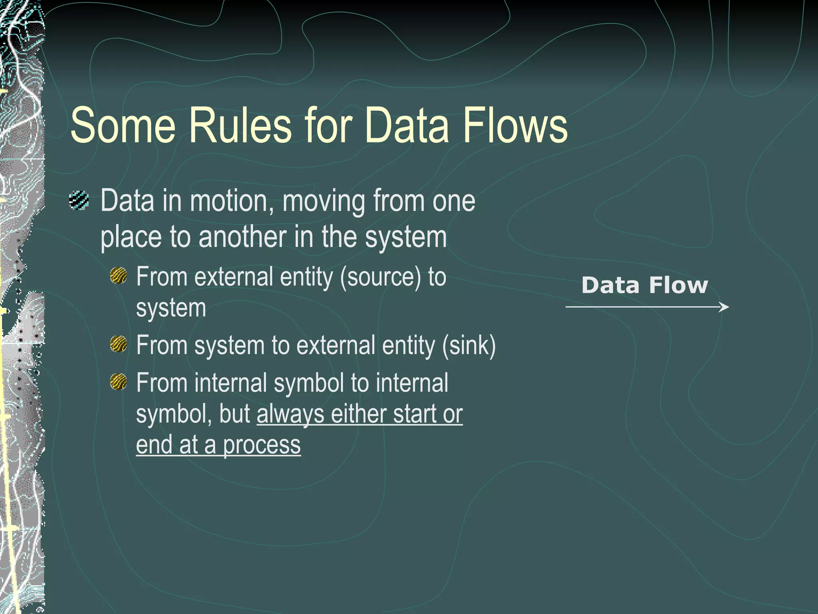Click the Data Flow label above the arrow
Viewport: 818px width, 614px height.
point(644,285)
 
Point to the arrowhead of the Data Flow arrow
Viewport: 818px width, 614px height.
point(725,307)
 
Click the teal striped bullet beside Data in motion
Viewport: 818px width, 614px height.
point(79,201)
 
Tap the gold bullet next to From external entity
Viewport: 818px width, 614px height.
point(119,276)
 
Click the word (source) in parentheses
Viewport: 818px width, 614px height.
point(381,277)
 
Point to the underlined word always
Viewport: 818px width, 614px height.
point(290,414)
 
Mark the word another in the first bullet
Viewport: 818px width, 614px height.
point(242,237)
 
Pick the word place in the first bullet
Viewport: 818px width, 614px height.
point(131,237)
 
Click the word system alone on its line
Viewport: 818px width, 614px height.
point(171,309)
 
